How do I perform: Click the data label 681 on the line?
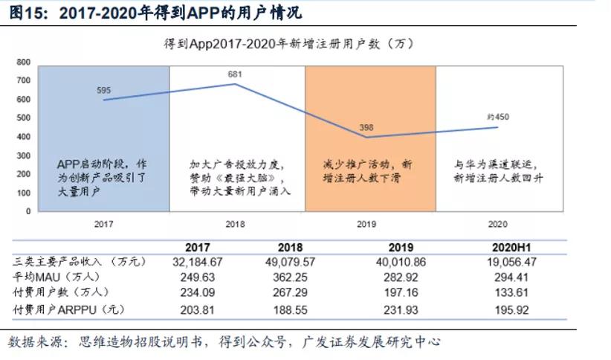point(236,74)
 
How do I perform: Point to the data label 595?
point(103,90)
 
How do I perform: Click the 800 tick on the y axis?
point(23,62)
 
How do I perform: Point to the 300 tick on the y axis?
point(23,155)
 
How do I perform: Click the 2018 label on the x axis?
point(235,223)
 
